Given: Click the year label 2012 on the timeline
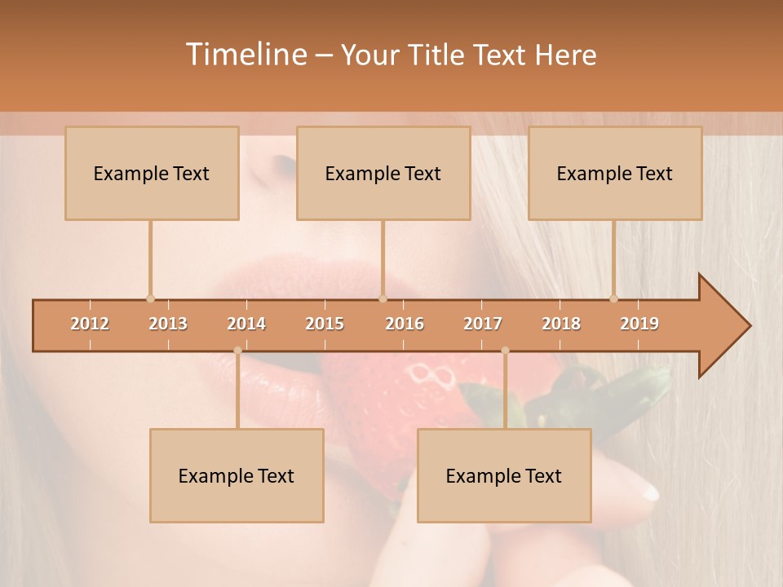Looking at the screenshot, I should tap(90, 324).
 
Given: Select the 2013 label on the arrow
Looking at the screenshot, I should tap(168, 324).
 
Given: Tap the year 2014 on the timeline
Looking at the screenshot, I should tap(246, 324).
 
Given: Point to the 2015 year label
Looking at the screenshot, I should tap(325, 324).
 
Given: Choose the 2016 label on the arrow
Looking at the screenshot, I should tap(405, 324).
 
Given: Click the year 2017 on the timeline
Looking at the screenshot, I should tap(483, 324).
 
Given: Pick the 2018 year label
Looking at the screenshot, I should tap(561, 324).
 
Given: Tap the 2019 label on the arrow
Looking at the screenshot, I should tap(639, 324).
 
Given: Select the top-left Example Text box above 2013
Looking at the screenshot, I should tap(152, 173).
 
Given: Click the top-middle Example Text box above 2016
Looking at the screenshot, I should tap(383, 173).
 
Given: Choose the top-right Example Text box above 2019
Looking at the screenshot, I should tap(615, 173).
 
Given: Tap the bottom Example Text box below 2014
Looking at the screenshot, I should tap(237, 475).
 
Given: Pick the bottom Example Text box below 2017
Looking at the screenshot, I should tap(504, 475).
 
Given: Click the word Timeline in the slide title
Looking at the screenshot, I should tap(245, 55).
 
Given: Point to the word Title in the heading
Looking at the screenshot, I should tap(440, 55).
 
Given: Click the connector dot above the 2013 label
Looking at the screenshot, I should tap(150, 298).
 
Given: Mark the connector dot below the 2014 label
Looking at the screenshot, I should tap(237, 351).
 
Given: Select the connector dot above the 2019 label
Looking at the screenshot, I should tap(613, 298).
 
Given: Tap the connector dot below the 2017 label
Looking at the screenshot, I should tap(505, 351).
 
